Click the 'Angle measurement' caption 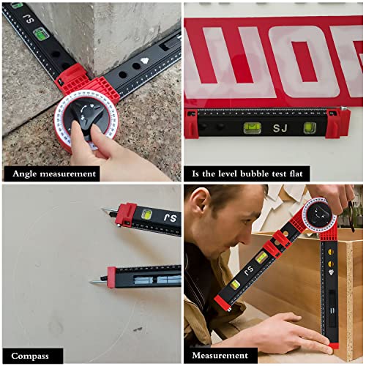tap(53, 173)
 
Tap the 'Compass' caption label tap(30, 356)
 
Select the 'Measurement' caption tap(220, 356)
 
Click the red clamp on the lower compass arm tap(111, 277)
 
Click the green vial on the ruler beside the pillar tap(42, 32)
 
